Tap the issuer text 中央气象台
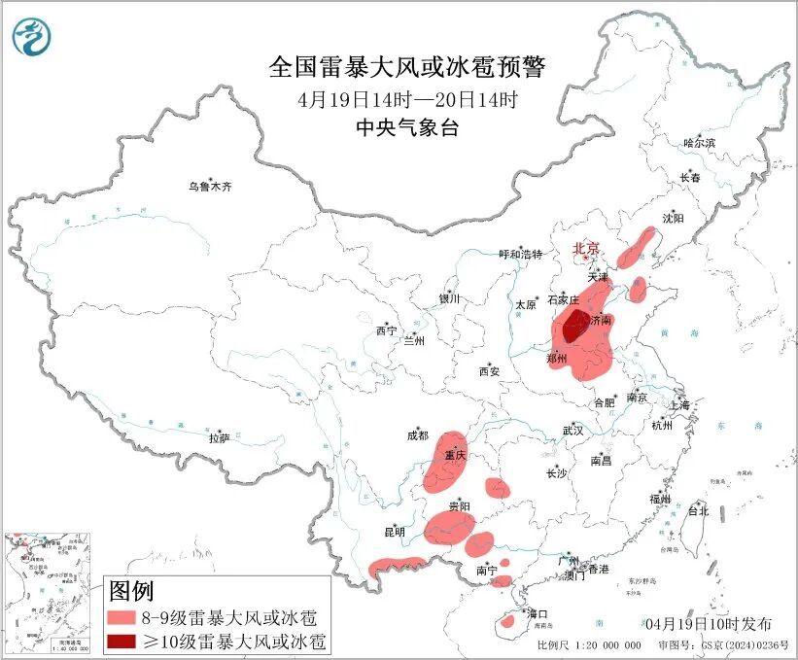406,127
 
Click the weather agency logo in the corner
31,37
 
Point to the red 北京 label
587,248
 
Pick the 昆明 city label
394,532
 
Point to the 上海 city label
678,404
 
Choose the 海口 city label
537,614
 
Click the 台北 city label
698,509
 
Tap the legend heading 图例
131,590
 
